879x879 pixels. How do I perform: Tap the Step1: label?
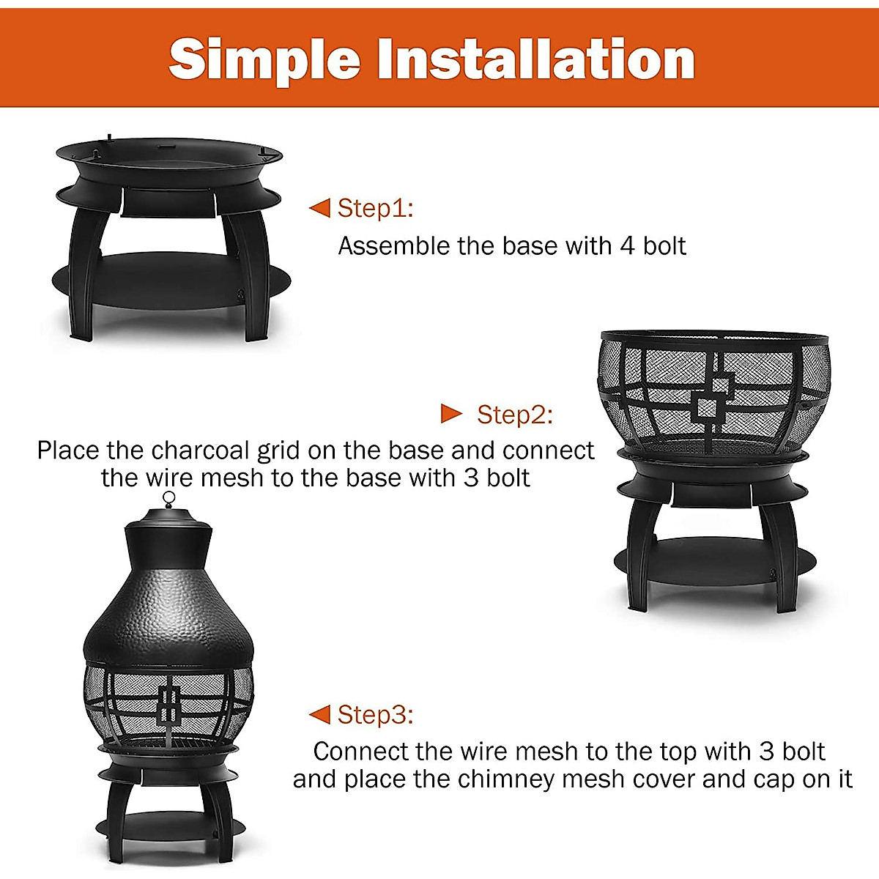(x=375, y=208)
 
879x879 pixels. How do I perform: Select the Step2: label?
(x=515, y=415)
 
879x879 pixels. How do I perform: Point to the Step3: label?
(x=375, y=714)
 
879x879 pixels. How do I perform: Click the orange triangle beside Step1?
(x=320, y=208)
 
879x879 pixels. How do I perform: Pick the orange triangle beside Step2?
(x=451, y=414)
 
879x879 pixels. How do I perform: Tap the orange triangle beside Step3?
(x=320, y=714)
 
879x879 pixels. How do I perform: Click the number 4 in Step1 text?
(x=627, y=246)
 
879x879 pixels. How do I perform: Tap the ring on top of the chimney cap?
(x=169, y=499)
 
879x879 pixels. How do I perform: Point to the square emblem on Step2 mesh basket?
(x=713, y=400)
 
